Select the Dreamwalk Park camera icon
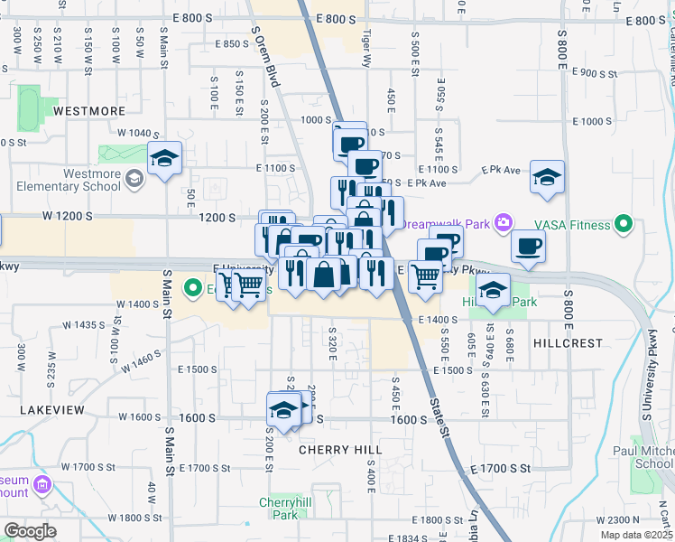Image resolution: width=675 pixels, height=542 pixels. pyautogui.click(x=504, y=222)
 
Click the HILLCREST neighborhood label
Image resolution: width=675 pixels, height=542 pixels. pyautogui.click(x=567, y=344)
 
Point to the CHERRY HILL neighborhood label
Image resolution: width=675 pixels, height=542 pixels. pyautogui.click(x=339, y=450)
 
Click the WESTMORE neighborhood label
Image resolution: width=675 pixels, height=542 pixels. pyautogui.click(x=88, y=111)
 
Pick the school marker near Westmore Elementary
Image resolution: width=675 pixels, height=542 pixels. pyautogui.click(x=165, y=160)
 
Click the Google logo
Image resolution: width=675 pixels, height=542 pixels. pyautogui.click(x=30, y=531)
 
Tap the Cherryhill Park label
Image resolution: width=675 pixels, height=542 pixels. pyautogui.click(x=278, y=509)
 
